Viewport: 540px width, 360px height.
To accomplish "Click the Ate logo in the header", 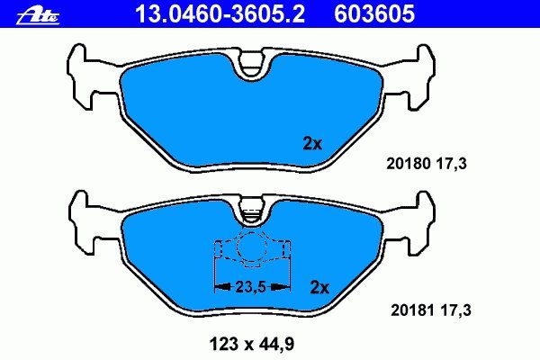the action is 38,16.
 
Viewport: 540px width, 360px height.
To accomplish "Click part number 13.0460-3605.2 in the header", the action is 220,13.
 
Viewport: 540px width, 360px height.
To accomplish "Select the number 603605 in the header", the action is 374,13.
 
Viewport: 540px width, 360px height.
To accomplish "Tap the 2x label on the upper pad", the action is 312,143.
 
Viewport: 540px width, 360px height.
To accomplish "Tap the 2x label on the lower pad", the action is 319,287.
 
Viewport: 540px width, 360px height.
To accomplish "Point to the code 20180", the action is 409,163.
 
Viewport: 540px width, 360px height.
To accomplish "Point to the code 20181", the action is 413,310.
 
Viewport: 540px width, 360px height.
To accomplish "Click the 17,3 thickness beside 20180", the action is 452,164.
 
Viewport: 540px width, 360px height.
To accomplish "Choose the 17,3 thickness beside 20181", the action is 455,310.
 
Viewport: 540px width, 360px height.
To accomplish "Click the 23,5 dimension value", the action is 251,286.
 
